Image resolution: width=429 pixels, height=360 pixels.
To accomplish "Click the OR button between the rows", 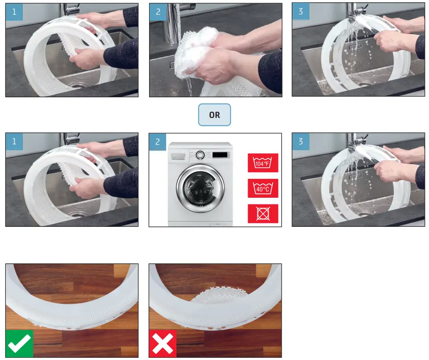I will (x=214, y=115).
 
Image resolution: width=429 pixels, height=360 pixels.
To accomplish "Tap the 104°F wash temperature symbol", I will (x=263, y=163).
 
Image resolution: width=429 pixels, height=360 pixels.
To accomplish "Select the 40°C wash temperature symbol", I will (x=263, y=188).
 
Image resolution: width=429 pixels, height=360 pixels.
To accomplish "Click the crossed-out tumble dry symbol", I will (x=263, y=213).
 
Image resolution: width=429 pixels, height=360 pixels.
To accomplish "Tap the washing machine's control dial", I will (x=200, y=155).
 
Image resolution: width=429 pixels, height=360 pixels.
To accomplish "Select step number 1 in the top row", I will (x=14, y=12).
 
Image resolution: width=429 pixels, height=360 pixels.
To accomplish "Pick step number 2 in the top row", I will (x=158, y=12).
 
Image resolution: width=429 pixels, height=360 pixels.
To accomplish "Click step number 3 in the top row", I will (x=300, y=12).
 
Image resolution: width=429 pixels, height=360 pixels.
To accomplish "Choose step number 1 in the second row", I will (x=14, y=142).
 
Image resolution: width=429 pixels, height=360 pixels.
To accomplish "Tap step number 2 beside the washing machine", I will (x=158, y=142).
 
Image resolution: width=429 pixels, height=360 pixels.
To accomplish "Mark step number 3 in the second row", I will (x=300, y=142).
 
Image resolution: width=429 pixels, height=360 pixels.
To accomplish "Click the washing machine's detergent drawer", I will (x=177, y=155).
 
